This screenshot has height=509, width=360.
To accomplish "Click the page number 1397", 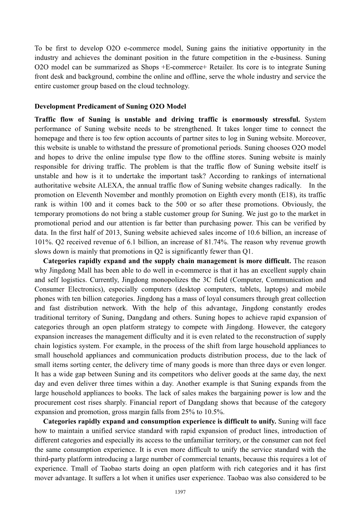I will tap(180, 492).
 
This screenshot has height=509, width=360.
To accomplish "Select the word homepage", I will tap(50, 138).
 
